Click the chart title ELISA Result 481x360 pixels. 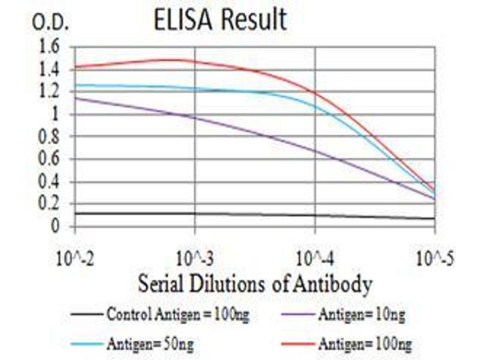click(x=219, y=20)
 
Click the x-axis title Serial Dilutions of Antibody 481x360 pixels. click(x=255, y=283)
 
